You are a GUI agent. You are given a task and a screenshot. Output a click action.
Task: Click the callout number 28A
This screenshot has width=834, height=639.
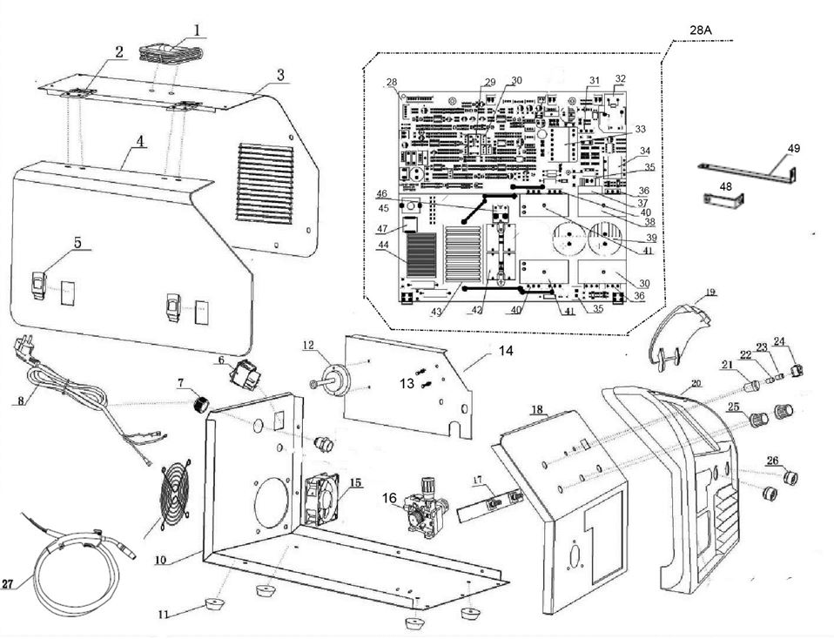click(701, 30)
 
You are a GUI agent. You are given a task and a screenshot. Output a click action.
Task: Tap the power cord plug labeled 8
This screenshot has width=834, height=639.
click(22, 352)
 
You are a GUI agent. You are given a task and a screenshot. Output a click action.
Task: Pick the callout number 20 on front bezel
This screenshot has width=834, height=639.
click(695, 383)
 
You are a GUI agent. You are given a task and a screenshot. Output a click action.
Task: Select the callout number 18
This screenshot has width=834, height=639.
click(536, 408)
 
